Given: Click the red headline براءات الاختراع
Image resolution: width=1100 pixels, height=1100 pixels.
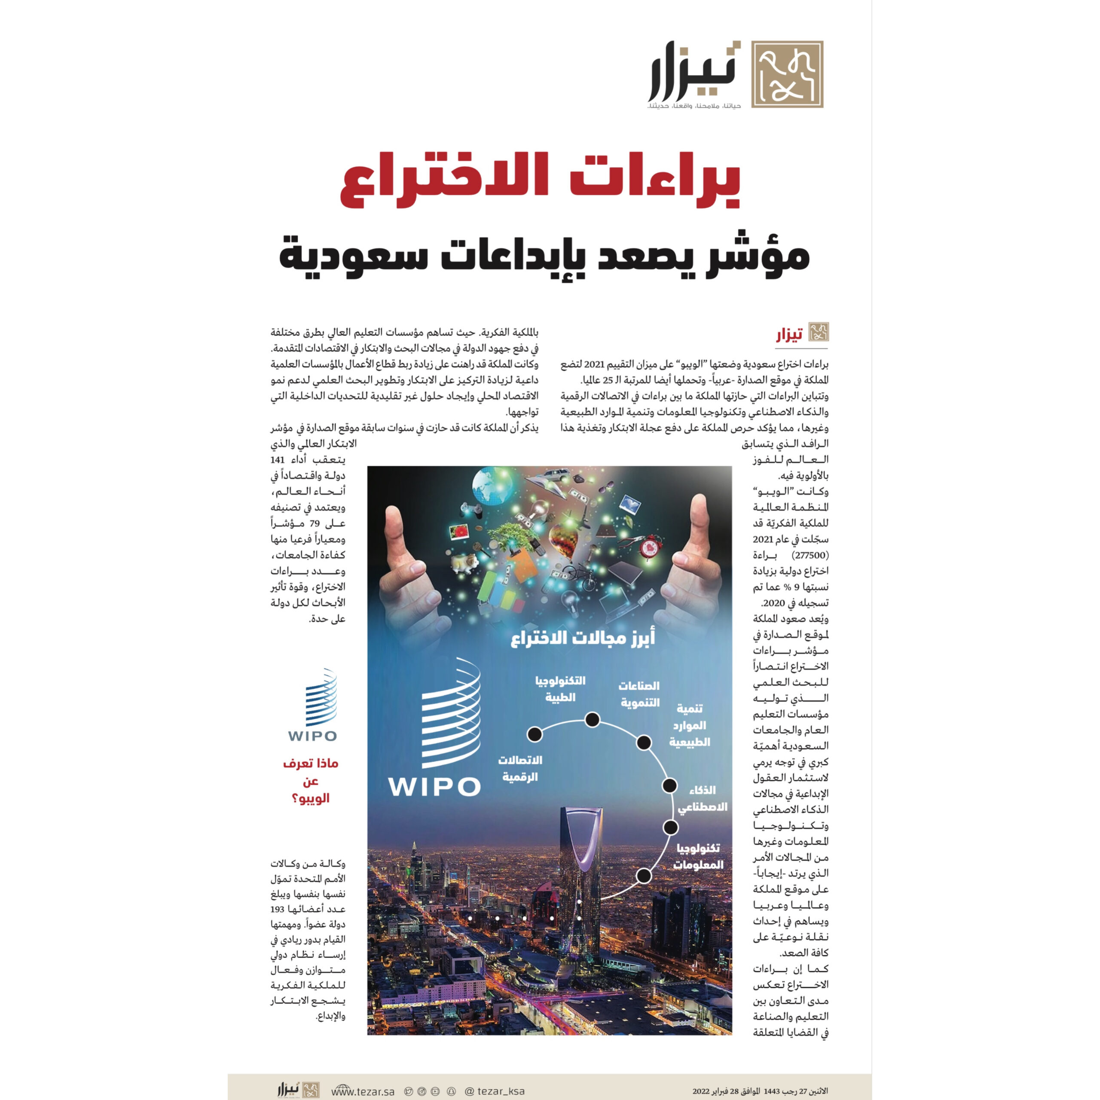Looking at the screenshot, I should coord(540,180).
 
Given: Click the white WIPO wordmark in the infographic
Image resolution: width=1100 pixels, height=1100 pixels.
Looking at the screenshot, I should coord(434,787).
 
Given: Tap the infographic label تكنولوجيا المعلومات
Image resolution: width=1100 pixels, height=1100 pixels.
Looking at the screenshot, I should coord(699,856).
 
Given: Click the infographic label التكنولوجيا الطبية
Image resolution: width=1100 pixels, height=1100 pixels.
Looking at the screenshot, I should coord(560,689).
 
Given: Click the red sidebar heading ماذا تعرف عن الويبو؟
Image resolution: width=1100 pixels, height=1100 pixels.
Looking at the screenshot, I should coord(310,781).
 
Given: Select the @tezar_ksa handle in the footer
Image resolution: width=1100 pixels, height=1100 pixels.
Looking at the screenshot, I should coord(495,1091).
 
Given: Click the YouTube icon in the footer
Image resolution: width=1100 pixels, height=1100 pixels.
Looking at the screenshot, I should coord(436,1091).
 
